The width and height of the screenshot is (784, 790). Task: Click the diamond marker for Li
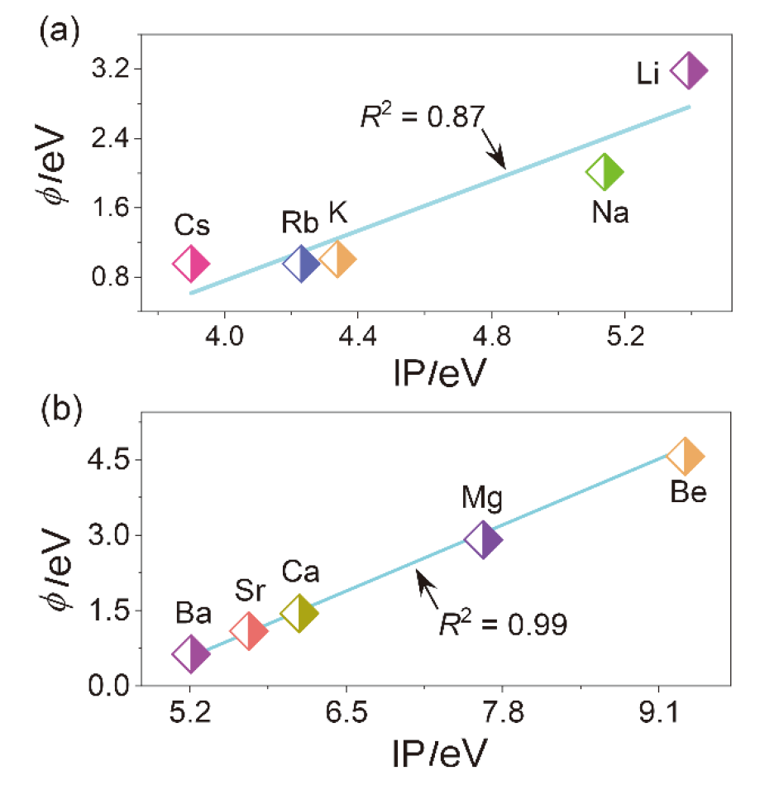tap(689, 71)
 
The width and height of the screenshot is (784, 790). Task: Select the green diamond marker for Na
tap(605, 172)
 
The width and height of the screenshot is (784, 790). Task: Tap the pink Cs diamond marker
tap(191, 264)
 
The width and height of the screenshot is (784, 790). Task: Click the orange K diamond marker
tap(337, 259)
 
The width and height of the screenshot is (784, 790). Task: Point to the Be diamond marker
tap(686, 456)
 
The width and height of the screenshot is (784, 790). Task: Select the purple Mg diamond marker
tap(484, 540)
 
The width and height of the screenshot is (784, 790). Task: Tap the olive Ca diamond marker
tap(299, 613)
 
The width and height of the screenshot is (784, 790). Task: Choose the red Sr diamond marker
tap(249, 632)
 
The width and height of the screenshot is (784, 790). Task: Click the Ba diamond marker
tap(191, 654)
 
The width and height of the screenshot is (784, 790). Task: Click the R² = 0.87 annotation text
tap(421, 117)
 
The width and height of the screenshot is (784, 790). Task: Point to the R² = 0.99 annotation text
tap(502, 623)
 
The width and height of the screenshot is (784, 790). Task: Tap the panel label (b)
tap(60, 411)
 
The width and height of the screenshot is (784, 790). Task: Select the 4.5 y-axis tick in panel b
tap(105, 460)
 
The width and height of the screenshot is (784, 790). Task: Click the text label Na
tap(610, 213)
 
